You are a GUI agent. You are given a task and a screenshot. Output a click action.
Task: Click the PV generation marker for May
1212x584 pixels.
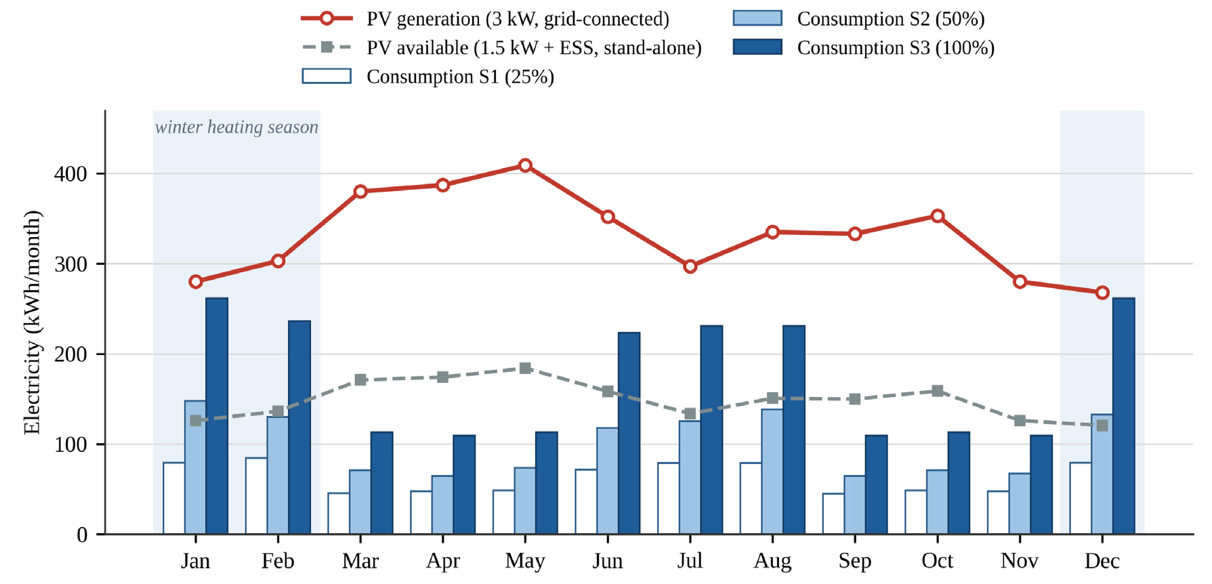click(x=525, y=165)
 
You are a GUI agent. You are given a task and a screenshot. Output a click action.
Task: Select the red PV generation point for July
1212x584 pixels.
click(x=690, y=266)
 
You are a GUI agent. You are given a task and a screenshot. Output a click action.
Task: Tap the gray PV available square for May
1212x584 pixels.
click(x=525, y=368)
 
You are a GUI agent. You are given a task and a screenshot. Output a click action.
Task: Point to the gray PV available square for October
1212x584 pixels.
click(x=938, y=391)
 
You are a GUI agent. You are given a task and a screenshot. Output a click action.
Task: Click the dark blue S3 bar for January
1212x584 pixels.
click(x=217, y=416)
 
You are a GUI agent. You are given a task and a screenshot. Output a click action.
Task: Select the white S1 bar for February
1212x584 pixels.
click(x=256, y=496)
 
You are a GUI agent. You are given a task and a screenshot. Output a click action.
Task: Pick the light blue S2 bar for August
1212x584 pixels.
click(x=772, y=472)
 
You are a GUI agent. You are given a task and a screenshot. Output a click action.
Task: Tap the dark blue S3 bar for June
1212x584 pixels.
click(x=629, y=433)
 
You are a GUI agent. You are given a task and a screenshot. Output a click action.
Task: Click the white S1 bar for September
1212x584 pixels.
click(x=833, y=514)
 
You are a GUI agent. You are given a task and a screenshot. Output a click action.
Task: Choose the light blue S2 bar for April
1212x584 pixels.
click(x=442, y=505)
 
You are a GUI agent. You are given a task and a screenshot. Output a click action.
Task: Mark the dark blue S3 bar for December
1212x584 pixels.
click(x=1123, y=416)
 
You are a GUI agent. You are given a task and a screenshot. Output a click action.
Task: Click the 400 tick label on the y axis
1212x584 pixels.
click(x=70, y=174)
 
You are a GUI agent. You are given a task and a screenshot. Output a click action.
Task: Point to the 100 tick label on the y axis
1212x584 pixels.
click(x=70, y=444)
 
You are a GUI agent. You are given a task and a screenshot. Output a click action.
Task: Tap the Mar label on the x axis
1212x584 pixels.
click(x=360, y=561)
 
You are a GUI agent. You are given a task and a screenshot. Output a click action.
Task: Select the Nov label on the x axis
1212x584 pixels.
click(x=1020, y=561)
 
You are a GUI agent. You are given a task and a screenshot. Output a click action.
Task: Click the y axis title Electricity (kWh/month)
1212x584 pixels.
click(x=32, y=322)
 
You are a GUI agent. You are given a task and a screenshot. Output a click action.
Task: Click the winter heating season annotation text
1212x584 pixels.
click(x=236, y=127)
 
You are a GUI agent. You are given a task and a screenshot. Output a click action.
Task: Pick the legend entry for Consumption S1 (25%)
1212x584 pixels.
click(x=428, y=77)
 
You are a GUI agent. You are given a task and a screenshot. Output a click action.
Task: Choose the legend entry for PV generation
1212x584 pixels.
click(x=485, y=19)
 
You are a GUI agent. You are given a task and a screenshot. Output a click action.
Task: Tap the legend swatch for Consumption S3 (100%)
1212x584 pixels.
click(x=757, y=47)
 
